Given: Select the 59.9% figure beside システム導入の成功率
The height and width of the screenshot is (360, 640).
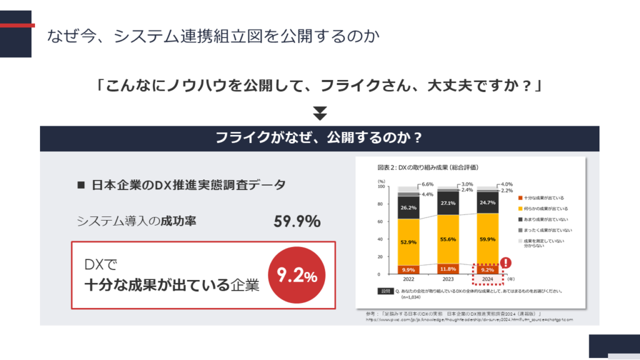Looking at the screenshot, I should click(297, 221).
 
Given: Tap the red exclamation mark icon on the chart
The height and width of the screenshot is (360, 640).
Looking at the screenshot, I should click(506, 263).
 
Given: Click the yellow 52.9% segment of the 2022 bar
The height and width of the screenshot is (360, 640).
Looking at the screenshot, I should click(408, 242).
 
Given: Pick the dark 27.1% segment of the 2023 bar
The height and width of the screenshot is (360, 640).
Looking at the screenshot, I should click(447, 203).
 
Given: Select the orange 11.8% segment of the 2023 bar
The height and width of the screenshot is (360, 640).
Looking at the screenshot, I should click(447, 269).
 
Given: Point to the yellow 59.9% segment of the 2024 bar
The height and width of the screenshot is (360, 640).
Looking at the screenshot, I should click(487, 238).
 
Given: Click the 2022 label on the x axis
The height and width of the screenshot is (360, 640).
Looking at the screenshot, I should click(408, 280).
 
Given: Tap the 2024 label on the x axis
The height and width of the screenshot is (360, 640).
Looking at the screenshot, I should click(487, 280).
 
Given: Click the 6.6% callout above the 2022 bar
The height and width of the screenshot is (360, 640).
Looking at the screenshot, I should click(428, 184).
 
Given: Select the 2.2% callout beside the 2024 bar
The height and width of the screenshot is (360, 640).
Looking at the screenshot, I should click(506, 191).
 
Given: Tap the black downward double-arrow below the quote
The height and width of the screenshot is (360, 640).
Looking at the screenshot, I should click(320, 114).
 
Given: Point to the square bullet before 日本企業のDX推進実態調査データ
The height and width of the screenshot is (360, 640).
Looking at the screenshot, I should click(80, 186).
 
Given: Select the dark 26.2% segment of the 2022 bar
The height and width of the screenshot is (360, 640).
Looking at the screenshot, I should click(408, 207).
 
